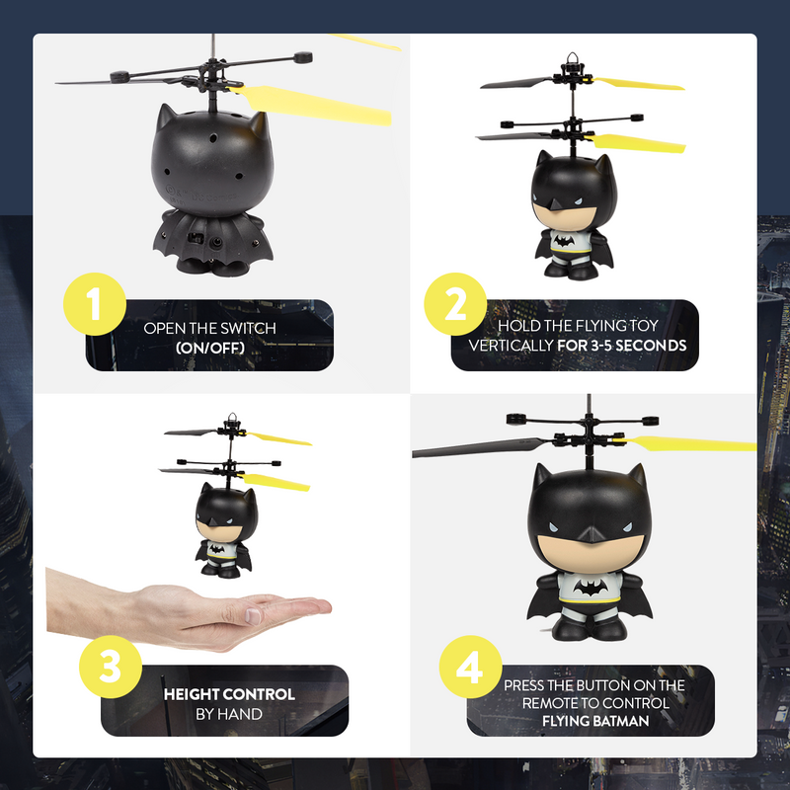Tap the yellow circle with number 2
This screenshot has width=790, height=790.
[x=455, y=306]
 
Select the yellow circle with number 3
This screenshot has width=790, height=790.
[x=109, y=668]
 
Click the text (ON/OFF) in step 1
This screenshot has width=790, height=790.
[x=209, y=347]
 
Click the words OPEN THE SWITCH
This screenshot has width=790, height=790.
[x=209, y=328]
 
